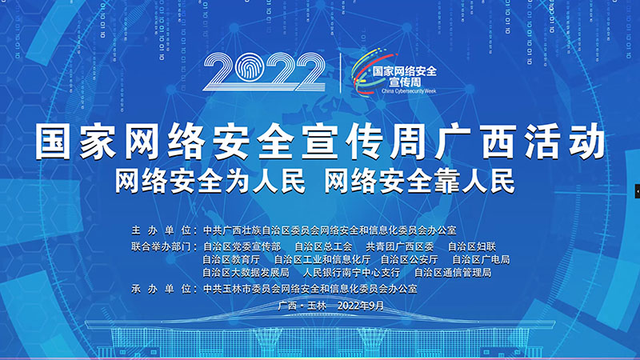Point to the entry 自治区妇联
472,246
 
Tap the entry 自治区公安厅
410,259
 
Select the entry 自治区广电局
481,259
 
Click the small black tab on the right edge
637,191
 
